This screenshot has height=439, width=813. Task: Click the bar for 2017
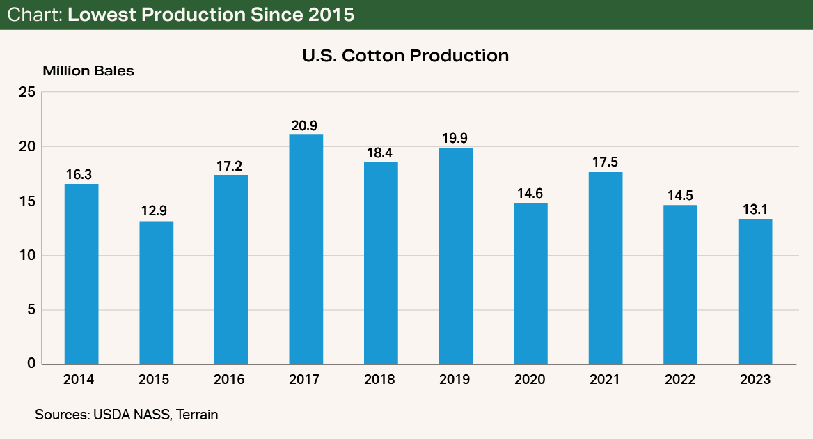click(306, 249)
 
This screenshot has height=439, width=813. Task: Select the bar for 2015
click(156, 293)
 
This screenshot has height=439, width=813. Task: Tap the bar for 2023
click(755, 291)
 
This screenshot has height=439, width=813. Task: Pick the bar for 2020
click(530, 284)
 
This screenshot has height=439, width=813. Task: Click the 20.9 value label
click(306, 125)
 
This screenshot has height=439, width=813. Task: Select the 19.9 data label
click(455, 138)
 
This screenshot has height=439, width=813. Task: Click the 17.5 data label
click(605, 163)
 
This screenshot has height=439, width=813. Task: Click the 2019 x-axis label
click(455, 380)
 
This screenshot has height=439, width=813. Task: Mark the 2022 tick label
click(680, 380)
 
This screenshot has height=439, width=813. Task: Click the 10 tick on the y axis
click(26, 256)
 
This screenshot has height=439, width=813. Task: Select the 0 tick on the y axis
click(31, 364)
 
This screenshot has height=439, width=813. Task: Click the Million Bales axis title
click(88, 71)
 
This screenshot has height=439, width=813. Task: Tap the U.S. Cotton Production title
click(406, 55)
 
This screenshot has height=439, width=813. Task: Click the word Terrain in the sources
click(197, 415)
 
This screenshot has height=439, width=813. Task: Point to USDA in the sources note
click(108, 415)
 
